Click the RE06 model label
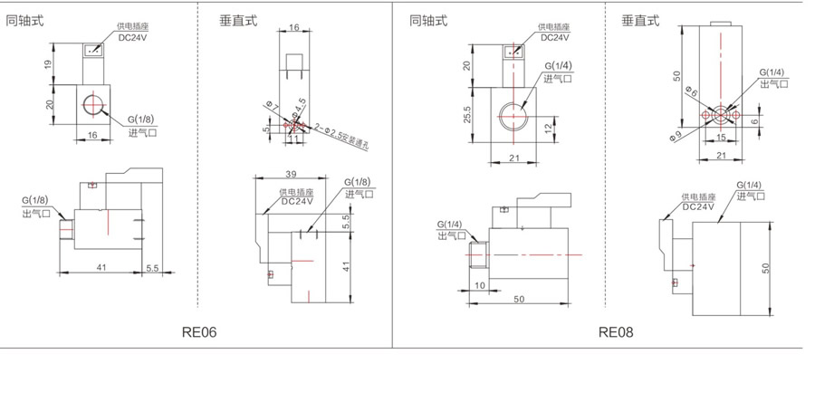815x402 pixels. [199, 332]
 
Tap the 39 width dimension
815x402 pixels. [290, 173]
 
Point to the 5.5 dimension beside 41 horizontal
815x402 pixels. [152, 269]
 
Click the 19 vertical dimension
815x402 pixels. [51, 63]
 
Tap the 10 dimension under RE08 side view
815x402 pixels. [478, 285]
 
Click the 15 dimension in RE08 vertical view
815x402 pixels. [720, 138]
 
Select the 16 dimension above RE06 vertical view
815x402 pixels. [295, 28]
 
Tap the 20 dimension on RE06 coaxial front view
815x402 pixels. [51, 103]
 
